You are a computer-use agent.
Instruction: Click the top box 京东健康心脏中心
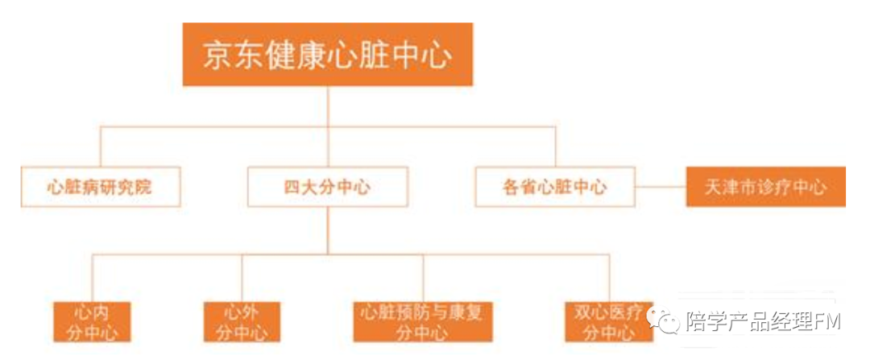(327, 55)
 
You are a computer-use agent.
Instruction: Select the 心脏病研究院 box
(100, 188)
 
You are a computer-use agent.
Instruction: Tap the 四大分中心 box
(327, 188)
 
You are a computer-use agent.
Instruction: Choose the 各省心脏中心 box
(555, 188)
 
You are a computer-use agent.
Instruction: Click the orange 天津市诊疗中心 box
(765, 188)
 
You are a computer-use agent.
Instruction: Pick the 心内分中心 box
(92, 321)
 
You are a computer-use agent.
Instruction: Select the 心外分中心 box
(242, 321)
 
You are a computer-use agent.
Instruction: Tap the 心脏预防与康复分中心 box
(423, 321)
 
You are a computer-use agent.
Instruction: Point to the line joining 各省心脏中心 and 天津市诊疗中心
(660, 188)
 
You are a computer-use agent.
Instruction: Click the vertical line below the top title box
(327, 105)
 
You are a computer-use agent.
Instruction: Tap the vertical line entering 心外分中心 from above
(242, 278)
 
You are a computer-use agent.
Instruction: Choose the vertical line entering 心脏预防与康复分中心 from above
(423, 278)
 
